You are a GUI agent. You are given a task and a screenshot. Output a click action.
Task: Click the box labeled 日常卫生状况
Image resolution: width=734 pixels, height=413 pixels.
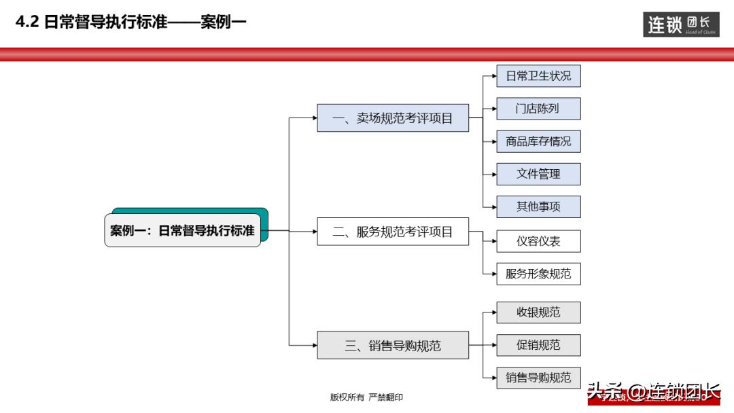click(538, 76)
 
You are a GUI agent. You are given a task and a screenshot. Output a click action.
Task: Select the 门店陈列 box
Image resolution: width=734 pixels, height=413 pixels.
click(538, 109)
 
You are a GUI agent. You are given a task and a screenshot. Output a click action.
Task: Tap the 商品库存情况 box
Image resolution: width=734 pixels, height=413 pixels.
click(538, 141)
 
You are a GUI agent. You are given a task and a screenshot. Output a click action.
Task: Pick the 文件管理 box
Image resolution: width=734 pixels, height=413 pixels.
click(538, 174)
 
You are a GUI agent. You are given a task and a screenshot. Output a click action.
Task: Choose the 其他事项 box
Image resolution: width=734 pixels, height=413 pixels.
click(538, 206)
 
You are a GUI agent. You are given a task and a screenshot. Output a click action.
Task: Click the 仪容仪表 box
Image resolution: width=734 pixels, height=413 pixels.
click(538, 241)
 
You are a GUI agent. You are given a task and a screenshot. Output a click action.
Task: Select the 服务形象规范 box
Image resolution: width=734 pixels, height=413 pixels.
click(538, 274)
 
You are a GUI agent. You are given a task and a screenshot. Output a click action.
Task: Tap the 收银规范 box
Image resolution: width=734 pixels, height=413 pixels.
click(538, 312)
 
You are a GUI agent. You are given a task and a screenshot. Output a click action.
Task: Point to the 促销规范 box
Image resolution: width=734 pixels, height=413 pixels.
click(538, 345)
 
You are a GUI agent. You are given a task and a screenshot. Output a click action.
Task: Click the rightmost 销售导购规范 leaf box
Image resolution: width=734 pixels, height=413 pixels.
click(538, 378)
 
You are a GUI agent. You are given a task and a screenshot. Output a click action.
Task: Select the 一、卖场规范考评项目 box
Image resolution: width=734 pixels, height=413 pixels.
click(393, 118)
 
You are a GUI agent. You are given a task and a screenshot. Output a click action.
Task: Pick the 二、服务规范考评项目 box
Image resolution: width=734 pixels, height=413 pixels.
click(393, 232)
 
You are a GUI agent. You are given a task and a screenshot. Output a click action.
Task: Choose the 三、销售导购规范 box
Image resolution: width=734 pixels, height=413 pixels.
click(393, 345)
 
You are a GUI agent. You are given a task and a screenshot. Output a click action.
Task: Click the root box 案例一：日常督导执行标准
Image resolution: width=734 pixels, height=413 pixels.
click(183, 230)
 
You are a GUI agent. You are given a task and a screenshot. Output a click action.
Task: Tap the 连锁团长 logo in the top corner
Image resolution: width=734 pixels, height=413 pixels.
click(681, 24)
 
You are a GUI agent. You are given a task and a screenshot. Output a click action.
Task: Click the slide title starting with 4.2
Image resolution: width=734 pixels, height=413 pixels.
click(130, 22)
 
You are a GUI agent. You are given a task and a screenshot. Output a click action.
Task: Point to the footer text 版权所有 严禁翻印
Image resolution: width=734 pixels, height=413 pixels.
click(366, 397)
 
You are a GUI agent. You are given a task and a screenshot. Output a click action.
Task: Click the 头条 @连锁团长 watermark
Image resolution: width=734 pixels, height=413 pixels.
click(653, 393)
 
